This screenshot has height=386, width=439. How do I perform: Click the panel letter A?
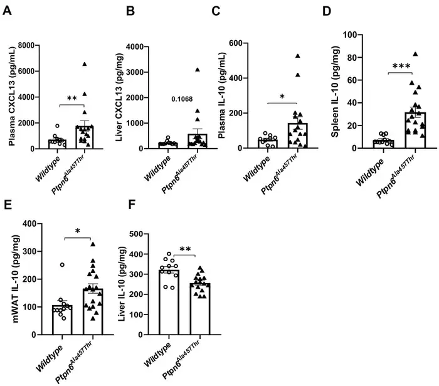click(x=8, y=11)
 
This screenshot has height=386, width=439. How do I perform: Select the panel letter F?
click(x=132, y=205)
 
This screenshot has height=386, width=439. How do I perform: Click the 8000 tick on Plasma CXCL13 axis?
click(x=26, y=45)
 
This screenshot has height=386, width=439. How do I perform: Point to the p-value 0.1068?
click(x=182, y=99)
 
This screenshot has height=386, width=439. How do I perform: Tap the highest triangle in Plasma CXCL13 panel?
click(x=85, y=64)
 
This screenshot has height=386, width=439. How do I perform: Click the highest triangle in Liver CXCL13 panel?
click(x=198, y=70)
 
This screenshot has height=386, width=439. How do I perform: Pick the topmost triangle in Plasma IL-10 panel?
click(x=298, y=56)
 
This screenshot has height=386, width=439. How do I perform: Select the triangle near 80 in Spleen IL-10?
click(x=415, y=54)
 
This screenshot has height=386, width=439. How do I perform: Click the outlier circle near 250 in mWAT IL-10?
click(x=62, y=265)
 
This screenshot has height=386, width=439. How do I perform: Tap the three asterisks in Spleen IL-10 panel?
click(x=401, y=67)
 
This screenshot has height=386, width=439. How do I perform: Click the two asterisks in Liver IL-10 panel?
click(x=185, y=249)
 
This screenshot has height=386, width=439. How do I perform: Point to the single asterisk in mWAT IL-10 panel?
click(x=78, y=232)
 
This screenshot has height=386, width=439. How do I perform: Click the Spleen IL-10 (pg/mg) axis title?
click(x=335, y=92)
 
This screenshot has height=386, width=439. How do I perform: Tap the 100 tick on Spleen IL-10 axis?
click(x=350, y=35)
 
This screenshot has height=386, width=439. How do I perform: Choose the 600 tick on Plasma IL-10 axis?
click(x=236, y=43)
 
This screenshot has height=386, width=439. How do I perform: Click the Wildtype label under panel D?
click(x=370, y=172)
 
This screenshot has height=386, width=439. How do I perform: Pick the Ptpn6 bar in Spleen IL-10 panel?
click(x=415, y=131)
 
